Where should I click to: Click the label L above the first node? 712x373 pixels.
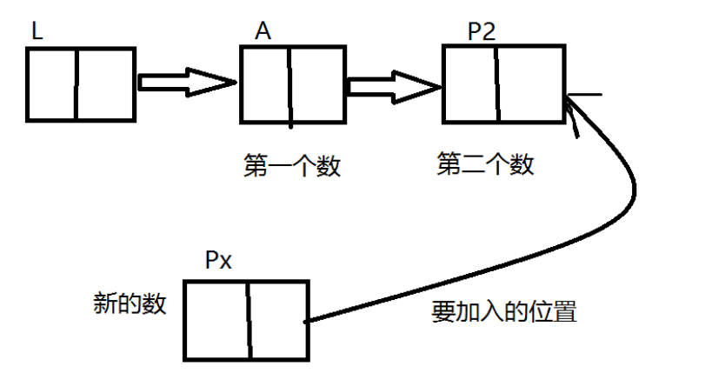click(x=37, y=30)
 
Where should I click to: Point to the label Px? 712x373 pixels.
click(x=218, y=261)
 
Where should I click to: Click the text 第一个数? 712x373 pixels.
click(x=292, y=165)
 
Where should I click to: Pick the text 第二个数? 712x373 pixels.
click(x=485, y=163)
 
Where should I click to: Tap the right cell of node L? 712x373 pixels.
click(x=105, y=83)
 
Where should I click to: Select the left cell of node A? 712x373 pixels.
click(x=265, y=83)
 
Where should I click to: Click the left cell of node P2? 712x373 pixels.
click(x=470, y=83)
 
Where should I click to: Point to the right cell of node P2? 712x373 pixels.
click(x=530, y=83)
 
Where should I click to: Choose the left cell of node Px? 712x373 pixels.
click(x=217, y=318)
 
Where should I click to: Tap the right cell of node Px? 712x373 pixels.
click(x=278, y=318)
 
